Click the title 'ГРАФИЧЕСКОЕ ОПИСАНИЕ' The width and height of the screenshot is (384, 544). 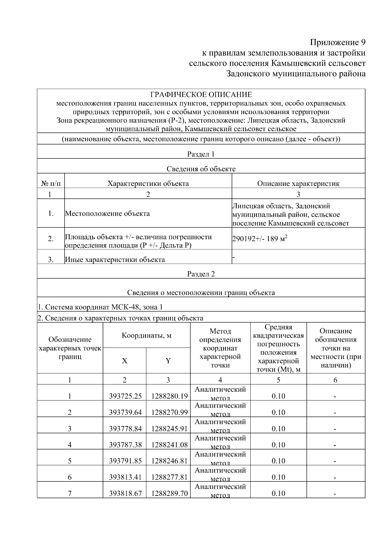(x=201, y=95)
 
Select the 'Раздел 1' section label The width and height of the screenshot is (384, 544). (x=201, y=154)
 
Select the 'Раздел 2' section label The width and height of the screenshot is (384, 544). (x=201, y=274)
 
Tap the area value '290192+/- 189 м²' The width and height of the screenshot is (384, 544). (x=260, y=239)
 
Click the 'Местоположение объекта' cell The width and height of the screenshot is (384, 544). (x=108, y=213)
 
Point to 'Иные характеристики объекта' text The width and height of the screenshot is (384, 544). (x=115, y=260)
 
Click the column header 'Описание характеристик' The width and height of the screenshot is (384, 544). (x=298, y=184)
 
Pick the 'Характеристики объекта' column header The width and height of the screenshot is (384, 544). (x=148, y=184)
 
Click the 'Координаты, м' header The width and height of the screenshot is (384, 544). (x=147, y=336)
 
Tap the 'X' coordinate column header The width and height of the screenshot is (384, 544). (x=124, y=361)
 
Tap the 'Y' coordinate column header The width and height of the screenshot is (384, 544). (x=168, y=361)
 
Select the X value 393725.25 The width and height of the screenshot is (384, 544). (x=125, y=396)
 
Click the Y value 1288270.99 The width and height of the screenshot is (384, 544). (x=169, y=413)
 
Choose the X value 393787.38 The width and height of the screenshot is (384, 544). (x=125, y=445)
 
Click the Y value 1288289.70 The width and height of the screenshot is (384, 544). (x=169, y=494)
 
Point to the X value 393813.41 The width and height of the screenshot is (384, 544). (x=125, y=477)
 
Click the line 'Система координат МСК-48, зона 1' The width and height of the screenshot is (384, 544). (x=100, y=307)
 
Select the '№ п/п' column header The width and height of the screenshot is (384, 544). (x=51, y=184)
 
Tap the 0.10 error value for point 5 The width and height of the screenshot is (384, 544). (x=278, y=461)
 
